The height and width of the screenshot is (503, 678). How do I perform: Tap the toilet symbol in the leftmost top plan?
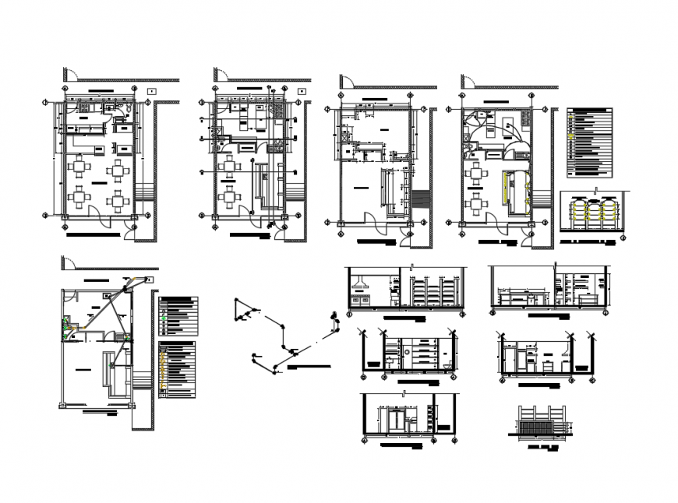tap(117, 117)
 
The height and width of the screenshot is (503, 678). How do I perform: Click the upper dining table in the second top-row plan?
tap(228, 165)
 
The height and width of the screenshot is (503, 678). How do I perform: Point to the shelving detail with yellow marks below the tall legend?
tap(594, 215)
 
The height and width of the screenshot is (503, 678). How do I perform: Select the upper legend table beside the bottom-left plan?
tap(178, 316)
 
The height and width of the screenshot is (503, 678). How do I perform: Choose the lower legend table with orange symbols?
tap(178, 369)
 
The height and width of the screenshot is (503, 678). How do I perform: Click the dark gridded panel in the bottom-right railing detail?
tap(536, 430)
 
